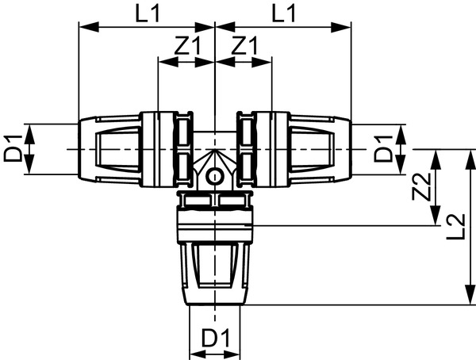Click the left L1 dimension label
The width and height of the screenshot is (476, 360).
[148, 14]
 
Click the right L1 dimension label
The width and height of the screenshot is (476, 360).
[283, 14]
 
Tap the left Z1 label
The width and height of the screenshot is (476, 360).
[187, 45]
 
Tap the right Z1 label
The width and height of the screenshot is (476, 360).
[244, 45]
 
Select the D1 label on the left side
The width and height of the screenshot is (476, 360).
[13, 149]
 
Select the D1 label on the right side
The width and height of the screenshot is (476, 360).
[383, 149]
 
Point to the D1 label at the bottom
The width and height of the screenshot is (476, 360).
[216, 337]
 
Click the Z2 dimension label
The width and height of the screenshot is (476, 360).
[421, 187]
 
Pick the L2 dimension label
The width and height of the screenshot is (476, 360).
[455, 227]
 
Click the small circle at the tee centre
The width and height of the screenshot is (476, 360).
[215, 177]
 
